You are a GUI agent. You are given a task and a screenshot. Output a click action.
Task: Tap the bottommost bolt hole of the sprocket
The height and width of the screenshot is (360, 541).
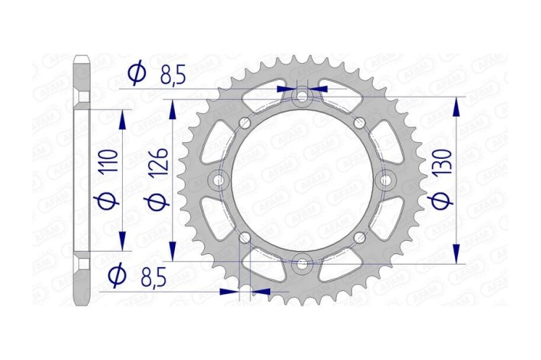(302, 263)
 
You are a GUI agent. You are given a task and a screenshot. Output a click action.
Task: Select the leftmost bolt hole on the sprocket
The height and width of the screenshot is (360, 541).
(219, 180)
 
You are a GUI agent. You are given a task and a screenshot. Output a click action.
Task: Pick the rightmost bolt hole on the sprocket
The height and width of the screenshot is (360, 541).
(385, 180)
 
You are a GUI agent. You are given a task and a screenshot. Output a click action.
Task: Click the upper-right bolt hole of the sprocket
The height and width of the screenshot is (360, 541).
(358, 123)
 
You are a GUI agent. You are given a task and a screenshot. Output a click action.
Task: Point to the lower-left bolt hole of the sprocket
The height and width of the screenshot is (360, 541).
(246, 237)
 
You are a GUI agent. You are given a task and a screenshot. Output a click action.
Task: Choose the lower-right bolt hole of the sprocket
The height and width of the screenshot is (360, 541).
(358, 237)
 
